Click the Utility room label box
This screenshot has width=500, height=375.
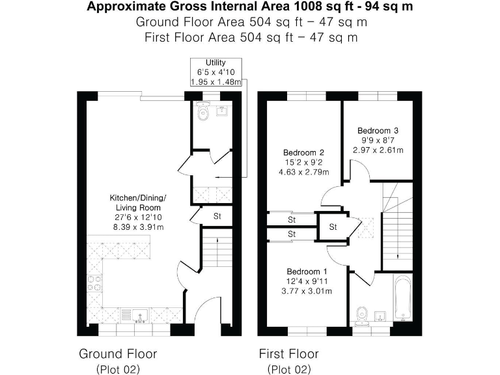click(x=216, y=72)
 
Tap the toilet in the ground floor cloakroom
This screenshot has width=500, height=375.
click(x=203, y=111)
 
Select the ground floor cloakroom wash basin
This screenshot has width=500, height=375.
click(x=221, y=111)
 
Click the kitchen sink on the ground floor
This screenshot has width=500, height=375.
click(x=140, y=316)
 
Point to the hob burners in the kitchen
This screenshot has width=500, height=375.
click(x=94, y=283)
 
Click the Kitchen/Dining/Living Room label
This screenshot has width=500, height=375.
click(x=138, y=203)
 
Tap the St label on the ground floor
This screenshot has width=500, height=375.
click(x=217, y=216)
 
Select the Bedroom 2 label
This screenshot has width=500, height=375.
click(x=303, y=152)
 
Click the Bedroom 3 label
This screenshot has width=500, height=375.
click(x=378, y=130)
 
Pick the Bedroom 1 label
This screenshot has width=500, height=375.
click(x=307, y=271)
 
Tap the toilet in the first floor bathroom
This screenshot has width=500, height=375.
click(x=361, y=313)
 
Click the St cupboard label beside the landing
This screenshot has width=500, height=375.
click(x=333, y=227)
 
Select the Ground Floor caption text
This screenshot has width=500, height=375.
click(x=118, y=354)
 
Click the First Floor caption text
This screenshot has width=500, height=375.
click(x=288, y=354)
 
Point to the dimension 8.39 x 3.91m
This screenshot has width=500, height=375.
click(x=139, y=227)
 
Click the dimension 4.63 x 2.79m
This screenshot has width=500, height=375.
click(x=304, y=172)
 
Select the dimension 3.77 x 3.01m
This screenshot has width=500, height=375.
click(x=307, y=291)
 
